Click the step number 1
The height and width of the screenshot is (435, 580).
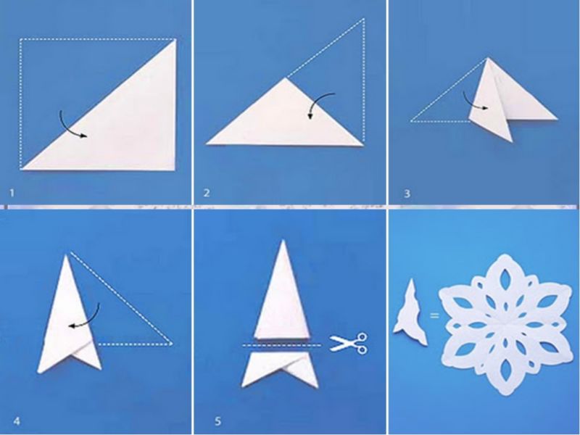pyautogui.click(x=12, y=193)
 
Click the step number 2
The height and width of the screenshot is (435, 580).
pyautogui.click(x=207, y=193)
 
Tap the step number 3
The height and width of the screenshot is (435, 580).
pyautogui.click(x=407, y=194)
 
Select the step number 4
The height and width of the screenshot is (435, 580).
pyautogui.click(x=17, y=421)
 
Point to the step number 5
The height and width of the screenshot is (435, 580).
pyautogui.click(x=217, y=421)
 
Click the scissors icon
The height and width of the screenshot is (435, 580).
pyautogui.click(x=348, y=343)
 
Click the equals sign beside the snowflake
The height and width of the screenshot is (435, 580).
pyautogui.click(x=434, y=315)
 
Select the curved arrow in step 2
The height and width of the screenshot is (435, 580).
pyautogui.click(x=317, y=101)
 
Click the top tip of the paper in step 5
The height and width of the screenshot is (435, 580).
pyautogui.click(x=283, y=241)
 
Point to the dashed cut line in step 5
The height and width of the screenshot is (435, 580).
pyautogui.click(x=282, y=345)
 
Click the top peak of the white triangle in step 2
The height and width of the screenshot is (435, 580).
pyautogui.click(x=285, y=78)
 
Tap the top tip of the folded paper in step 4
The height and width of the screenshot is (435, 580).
pyautogui.click(x=67, y=255)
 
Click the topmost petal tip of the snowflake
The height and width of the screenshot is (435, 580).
pyautogui.click(x=504, y=254)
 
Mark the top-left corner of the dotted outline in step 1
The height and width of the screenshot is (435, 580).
pyautogui.click(x=21, y=39)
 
